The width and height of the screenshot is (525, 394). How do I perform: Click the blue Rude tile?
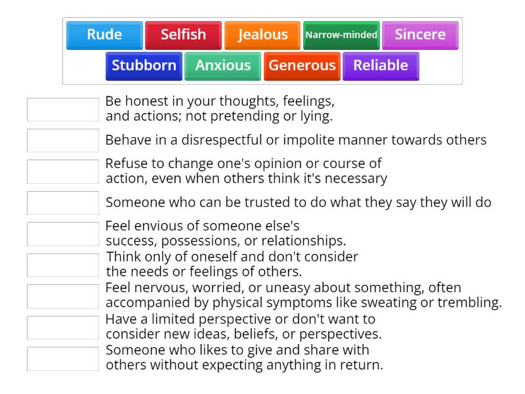point(104,35)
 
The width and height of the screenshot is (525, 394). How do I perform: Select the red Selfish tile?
point(183,35)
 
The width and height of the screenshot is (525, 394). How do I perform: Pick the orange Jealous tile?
point(262,35)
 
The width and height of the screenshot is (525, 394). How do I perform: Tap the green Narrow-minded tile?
point(341,35)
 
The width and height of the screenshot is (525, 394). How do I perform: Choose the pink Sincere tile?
point(420,35)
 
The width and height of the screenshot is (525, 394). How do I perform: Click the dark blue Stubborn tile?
point(144,66)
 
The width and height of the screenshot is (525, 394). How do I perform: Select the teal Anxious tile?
point(222,66)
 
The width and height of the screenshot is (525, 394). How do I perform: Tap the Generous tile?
point(302,66)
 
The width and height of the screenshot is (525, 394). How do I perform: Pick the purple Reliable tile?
point(381,66)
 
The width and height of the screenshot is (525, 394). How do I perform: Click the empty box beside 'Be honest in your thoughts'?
point(63,110)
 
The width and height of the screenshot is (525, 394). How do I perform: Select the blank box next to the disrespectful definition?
point(63,141)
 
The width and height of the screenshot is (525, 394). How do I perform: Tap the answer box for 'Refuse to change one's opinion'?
point(63,171)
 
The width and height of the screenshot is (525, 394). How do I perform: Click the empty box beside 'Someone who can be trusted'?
point(63,203)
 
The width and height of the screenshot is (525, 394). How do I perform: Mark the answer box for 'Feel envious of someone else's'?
point(63,234)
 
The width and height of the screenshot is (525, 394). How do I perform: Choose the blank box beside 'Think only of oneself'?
point(63,265)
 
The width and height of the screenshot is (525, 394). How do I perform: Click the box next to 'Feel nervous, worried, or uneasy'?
point(63,296)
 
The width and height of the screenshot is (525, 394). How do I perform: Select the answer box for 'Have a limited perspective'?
point(63,327)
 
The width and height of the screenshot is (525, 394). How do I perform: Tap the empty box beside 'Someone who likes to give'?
point(63,359)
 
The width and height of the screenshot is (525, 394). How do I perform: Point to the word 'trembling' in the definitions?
point(472,303)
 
